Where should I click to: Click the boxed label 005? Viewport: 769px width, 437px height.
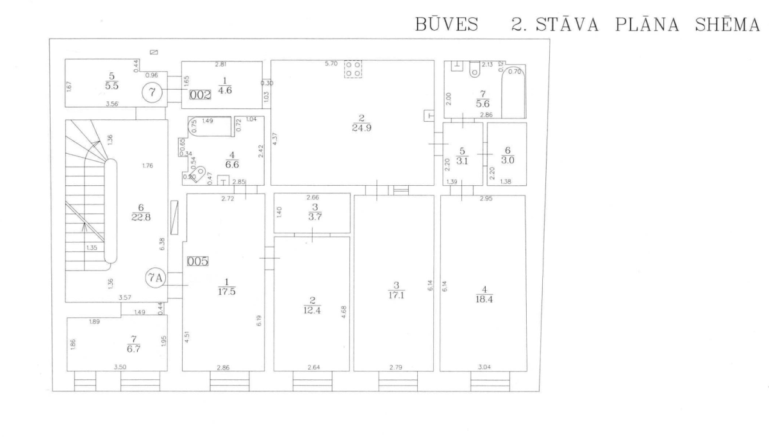(197, 261)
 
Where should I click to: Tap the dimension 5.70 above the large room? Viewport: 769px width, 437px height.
(331, 64)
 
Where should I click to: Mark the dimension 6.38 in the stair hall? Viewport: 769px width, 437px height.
(162, 244)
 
